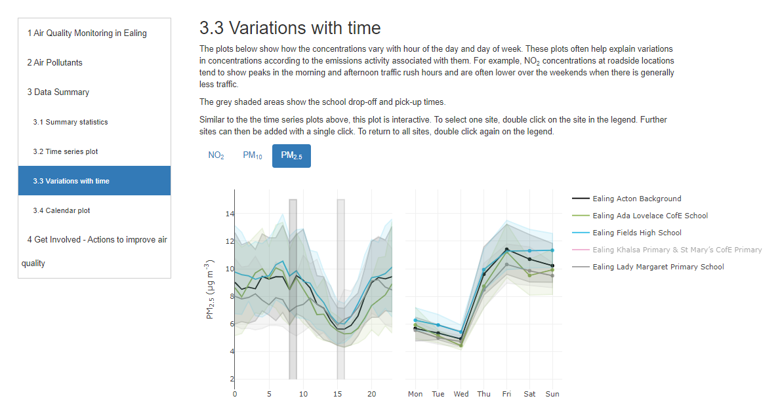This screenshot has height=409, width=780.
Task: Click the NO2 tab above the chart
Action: [216, 156]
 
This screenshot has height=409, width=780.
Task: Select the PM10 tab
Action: [252, 156]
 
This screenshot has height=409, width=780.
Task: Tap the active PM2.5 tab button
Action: [291, 156]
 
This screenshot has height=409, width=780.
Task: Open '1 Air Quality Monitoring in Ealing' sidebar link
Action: [87, 33]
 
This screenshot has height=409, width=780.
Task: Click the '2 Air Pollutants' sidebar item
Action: [54, 63]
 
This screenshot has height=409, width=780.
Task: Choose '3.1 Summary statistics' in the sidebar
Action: [70, 122]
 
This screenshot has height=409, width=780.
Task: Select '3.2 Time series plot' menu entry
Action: [65, 151]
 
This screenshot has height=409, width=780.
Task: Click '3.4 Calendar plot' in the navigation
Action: [62, 210]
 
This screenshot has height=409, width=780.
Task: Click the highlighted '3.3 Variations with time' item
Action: [71, 181]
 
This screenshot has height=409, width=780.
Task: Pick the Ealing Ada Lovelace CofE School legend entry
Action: [649, 216]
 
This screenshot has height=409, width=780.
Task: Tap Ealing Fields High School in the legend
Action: [636, 233]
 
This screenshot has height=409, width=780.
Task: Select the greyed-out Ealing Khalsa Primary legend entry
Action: [676, 250]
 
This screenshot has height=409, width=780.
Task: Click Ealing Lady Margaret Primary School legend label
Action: [657, 267]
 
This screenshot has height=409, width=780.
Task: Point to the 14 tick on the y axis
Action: [230, 214]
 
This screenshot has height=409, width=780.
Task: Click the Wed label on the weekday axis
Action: [461, 394]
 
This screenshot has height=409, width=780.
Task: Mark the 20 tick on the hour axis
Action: [371, 394]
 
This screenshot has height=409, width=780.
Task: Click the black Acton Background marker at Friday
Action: [507, 250]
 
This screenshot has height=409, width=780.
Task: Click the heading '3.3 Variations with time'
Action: [290, 28]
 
